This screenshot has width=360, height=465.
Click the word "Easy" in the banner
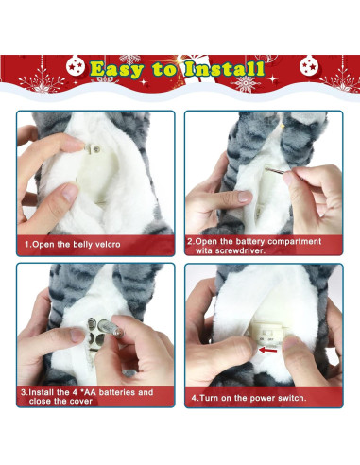117,70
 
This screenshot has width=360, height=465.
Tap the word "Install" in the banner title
224,68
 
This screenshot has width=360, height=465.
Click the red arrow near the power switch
267,350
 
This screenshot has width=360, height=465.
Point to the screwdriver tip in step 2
267,169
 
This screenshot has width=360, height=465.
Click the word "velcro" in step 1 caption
108,245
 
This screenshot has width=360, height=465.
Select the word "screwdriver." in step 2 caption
231,250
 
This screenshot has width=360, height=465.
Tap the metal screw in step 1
94,148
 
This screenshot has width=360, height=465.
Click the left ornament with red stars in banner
76,65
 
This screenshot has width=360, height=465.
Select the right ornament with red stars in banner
309,65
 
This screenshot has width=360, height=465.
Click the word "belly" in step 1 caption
83,245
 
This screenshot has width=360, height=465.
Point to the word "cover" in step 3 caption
81,401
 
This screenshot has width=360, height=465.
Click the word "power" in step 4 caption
261,398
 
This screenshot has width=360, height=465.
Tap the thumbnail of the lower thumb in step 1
70,193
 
